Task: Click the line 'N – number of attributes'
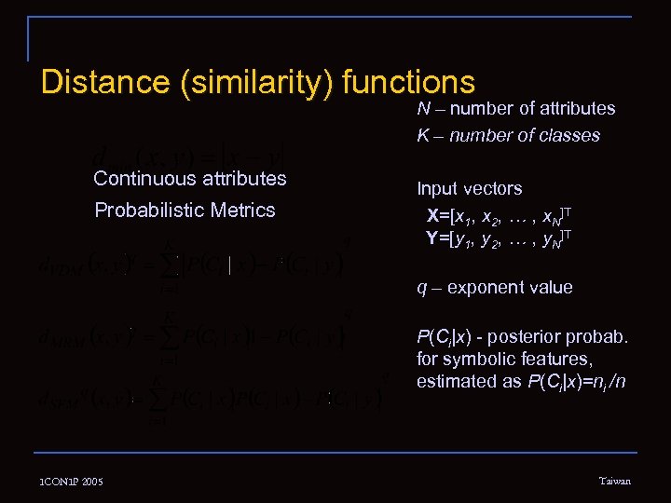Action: coord(515,108)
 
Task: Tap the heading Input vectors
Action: coord(469,188)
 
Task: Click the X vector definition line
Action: coord(499,216)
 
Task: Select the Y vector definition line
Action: coord(499,239)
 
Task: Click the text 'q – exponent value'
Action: coord(494,287)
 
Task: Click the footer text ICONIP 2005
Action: coord(71,482)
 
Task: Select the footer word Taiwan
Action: coord(614,481)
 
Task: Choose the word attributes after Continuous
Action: coord(244,178)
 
